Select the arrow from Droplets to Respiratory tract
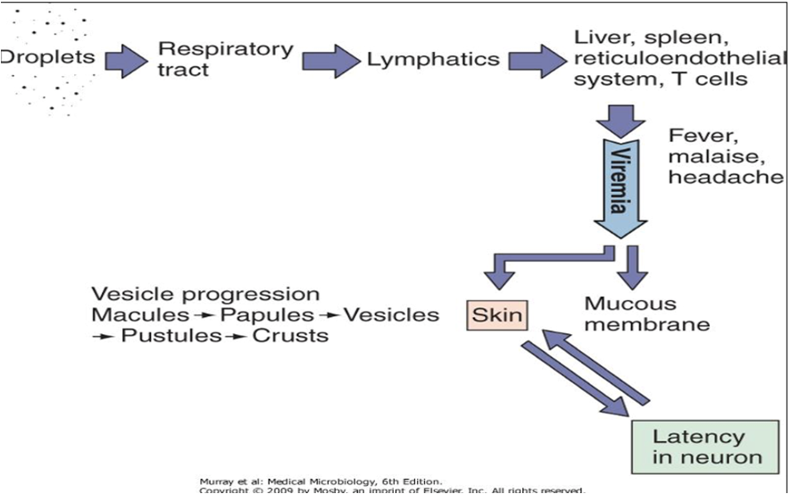click(x=126, y=60)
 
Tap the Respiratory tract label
click(x=225, y=58)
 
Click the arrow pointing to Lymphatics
click(x=330, y=60)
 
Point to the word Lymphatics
click(x=433, y=60)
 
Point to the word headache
click(x=725, y=177)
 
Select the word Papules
click(x=267, y=314)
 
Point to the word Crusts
click(x=290, y=336)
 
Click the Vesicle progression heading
click(x=205, y=294)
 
